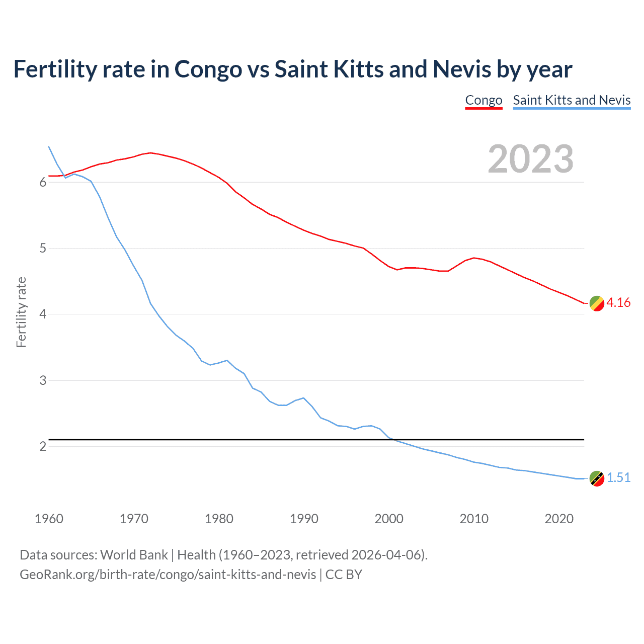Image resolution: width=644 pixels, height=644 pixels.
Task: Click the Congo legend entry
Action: [x=484, y=100]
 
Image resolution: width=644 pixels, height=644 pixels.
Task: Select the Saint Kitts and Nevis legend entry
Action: [x=572, y=100]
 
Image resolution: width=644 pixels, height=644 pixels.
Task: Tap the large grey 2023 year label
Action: [x=531, y=159]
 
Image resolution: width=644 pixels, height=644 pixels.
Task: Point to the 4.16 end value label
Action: [x=618, y=302]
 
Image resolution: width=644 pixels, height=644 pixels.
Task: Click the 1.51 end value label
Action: [x=618, y=477]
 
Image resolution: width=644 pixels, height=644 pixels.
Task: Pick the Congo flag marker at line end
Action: [x=597, y=303]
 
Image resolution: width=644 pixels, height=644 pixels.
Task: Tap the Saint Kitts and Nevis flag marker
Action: [x=597, y=478]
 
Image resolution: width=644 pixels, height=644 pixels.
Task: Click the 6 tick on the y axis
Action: [x=43, y=182]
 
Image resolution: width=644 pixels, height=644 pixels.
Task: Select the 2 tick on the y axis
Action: [x=43, y=446]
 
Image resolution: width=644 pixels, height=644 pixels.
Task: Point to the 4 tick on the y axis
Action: [x=43, y=314]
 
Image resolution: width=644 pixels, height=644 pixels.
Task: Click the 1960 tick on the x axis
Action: [x=49, y=519]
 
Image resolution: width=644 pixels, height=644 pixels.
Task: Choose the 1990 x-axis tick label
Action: [x=304, y=519]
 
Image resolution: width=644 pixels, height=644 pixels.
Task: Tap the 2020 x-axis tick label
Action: [x=559, y=519]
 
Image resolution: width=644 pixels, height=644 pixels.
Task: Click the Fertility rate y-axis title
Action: [x=21, y=312]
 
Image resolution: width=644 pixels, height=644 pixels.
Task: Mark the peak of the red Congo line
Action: [x=150, y=152]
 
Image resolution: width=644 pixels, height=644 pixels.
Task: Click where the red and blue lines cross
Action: [x=64, y=176]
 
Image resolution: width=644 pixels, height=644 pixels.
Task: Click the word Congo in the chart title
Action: [x=208, y=69]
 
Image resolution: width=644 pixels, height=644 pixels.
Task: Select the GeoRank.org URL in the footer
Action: [x=168, y=574]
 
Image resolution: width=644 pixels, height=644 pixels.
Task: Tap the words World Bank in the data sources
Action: [x=134, y=554]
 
